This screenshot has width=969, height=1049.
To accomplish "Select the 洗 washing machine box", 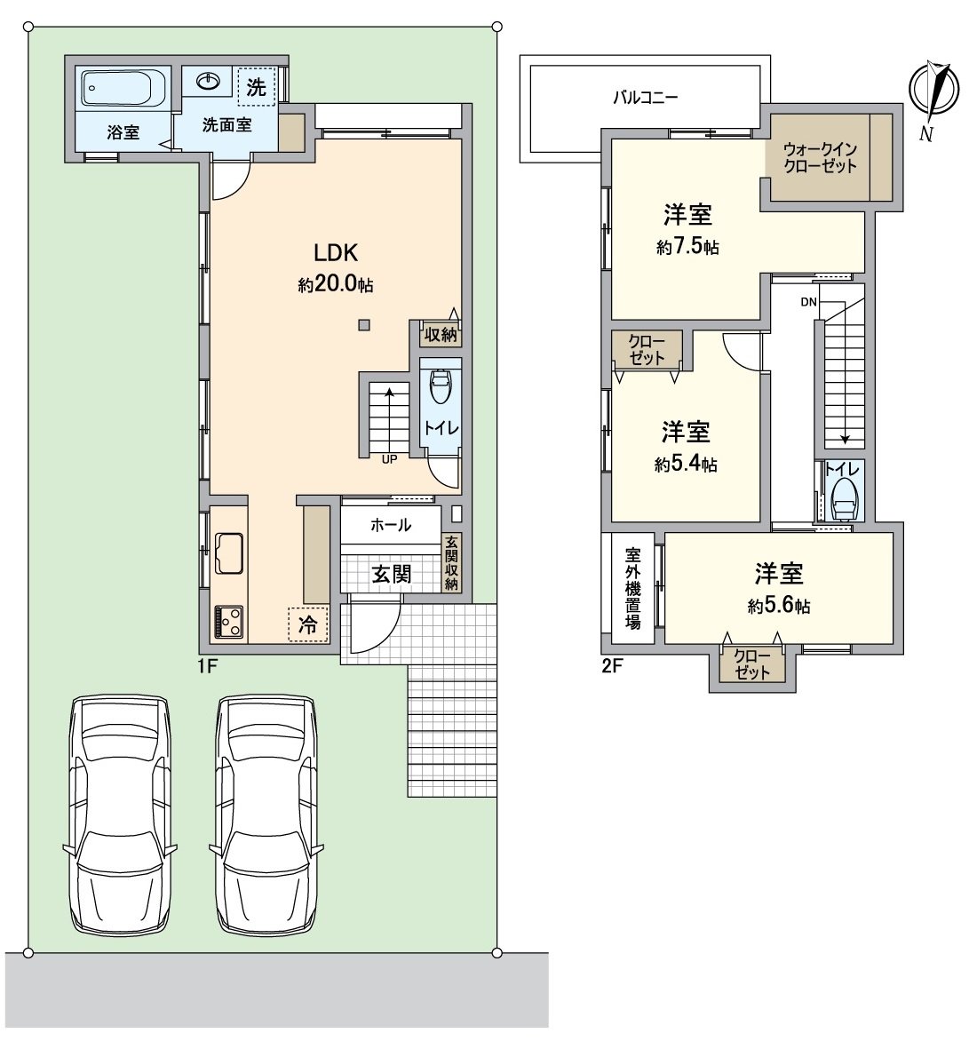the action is [x=256, y=86].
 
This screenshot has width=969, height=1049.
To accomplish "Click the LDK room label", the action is [x=337, y=252].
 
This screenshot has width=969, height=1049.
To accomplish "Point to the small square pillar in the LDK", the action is [x=364, y=325].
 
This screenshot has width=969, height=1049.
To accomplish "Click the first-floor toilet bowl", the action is [x=440, y=386].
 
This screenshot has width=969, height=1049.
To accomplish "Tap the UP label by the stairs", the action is [x=389, y=459].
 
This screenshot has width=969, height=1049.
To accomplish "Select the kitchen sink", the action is [x=229, y=552].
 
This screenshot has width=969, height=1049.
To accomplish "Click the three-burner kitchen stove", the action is [x=229, y=622].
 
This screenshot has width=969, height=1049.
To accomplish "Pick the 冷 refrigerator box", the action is [x=308, y=624].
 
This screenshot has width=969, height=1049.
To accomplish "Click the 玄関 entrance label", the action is [x=392, y=574].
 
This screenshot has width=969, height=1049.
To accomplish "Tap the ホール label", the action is [x=391, y=525].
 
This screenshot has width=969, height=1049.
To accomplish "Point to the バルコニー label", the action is [x=646, y=98].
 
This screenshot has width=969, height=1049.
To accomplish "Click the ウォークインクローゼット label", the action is [x=820, y=157].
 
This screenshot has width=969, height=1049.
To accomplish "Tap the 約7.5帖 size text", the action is [x=687, y=246].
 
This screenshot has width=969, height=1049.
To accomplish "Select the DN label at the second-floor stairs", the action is [x=808, y=302].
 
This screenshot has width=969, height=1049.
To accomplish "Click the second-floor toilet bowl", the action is [x=844, y=499].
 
